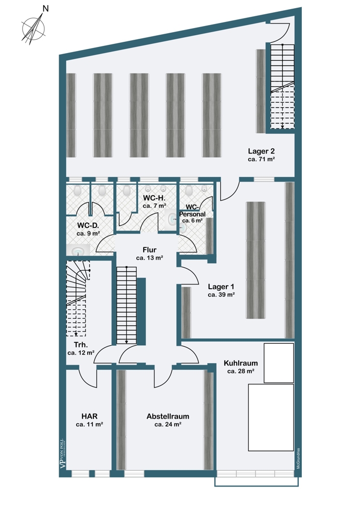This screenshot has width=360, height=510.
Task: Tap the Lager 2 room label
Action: click(261, 151)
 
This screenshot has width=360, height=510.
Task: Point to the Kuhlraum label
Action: click(240, 363)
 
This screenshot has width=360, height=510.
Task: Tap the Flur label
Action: click(149, 250)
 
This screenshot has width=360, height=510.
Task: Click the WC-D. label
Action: click(88, 225)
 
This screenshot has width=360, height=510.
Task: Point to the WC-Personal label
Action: click(192, 210)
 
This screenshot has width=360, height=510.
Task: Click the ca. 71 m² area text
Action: click(261, 159)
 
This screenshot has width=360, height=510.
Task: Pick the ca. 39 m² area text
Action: click(221, 295)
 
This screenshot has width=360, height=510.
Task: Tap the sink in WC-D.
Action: click(78, 251)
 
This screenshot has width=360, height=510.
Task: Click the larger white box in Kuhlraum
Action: click(271, 417)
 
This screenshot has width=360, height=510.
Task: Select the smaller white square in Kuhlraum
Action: click(278, 363)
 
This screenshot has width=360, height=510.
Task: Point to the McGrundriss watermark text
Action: click(297, 457)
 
